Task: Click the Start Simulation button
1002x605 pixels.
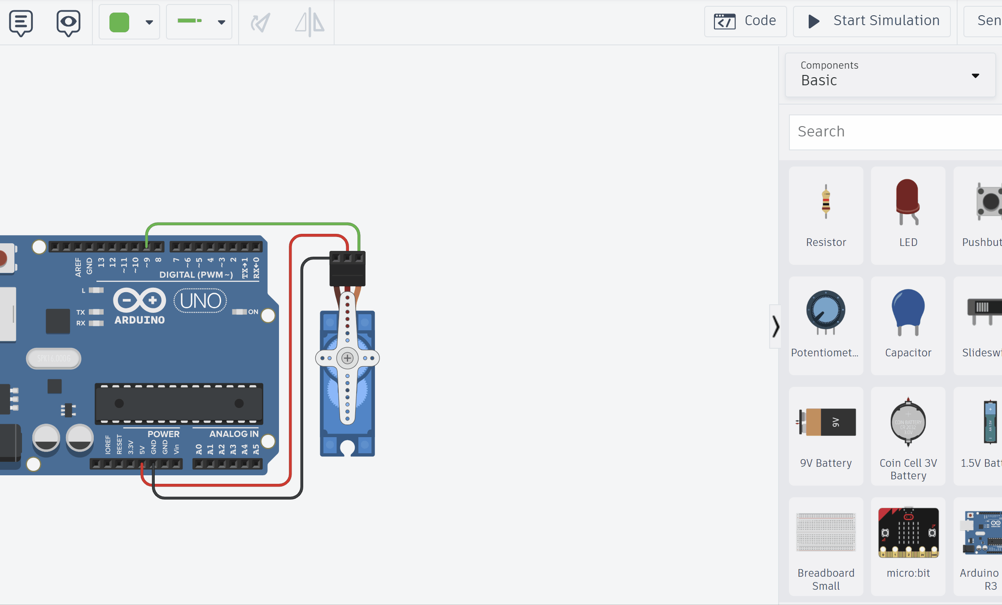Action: click(872, 21)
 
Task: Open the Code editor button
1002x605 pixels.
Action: click(745, 21)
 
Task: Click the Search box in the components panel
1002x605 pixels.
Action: click(895, 132)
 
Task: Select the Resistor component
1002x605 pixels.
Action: click(826, 215)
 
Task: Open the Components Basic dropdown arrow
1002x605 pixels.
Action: click(975, 76)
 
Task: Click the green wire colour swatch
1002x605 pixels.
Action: click(119, 22)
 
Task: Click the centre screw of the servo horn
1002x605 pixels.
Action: click(347, 358)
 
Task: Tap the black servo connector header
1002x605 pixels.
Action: click(347, 268)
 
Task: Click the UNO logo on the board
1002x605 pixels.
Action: click(200, 301)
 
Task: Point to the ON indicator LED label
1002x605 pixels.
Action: click(253, 312)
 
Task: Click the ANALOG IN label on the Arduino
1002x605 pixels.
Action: click(234, 434)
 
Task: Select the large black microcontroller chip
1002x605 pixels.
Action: click(179, 403)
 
